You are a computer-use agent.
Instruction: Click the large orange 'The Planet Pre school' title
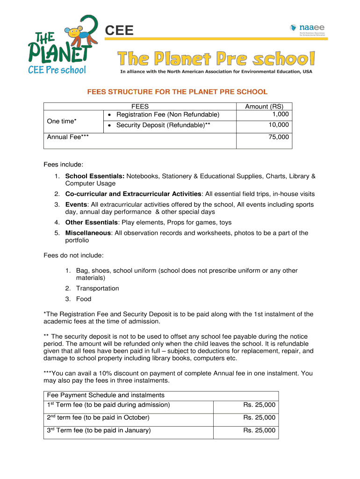pyautogui.click(x=216, y=59)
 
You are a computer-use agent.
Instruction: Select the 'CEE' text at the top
pyautogui.click(x=119, y=31)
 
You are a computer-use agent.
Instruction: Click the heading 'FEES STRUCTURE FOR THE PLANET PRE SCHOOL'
pyautogui.click(x=177, y=92)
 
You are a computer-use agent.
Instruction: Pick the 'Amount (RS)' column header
pyautogui.click(x=264, y=107)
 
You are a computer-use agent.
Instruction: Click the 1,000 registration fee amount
pyautogui.click(x=280, y=115)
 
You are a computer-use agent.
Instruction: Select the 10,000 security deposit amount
pyautogui.click(x=279, y=125)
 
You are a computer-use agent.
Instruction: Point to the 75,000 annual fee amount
pyautogui.click(x=279, y=137)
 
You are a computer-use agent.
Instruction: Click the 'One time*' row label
pyautogui.click(x=62, y=121)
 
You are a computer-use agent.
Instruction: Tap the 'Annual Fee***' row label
pyautogui.click(x=68, y=137)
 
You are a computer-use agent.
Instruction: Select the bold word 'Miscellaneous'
pyautogui.click(x=88, y=233)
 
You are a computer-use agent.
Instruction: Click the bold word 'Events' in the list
pyautogui.click(x=76, y=204)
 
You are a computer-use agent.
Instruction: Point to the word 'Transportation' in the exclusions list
pyautogui.click(x=97, y=288)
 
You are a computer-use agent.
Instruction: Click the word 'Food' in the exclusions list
pyautogui.click(x=84, y=299)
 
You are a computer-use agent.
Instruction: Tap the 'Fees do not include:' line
pyautogui.click(x=73, y=255)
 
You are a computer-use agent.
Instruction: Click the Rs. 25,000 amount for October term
pyautogui.click(x=259, y=418)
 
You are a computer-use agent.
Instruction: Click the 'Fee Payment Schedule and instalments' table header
pyautogui.click(x=106, y=395)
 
